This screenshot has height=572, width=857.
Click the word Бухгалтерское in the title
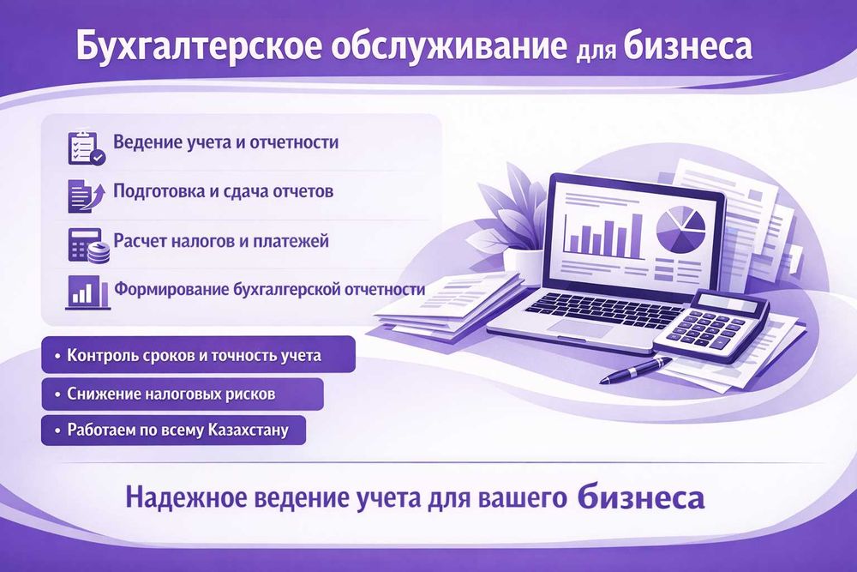coord(198,46)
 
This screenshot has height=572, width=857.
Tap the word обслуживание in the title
coord(449,46)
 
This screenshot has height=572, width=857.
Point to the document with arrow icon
coord(85,196)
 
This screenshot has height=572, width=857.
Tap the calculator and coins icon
coord(88,245)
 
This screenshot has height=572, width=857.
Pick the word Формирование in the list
coord(171,289)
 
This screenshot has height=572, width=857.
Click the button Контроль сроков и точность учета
coord(199,355)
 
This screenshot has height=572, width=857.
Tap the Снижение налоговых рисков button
coord(183,394)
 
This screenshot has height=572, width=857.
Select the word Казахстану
coord(249,430)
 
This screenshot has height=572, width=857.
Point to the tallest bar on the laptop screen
coord(637,236)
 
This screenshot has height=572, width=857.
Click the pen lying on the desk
coord(636,369)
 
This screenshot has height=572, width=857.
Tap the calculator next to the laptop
coord(711,327)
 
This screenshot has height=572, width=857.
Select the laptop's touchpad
coord(581,328)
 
